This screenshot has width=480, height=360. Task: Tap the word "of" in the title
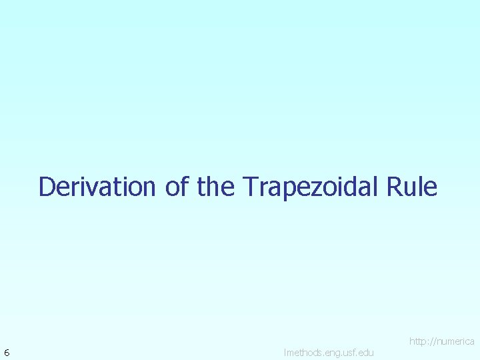click(x=177, y=187)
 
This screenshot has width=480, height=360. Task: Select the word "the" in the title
click(x=216, y=187)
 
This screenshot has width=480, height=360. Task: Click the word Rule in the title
click(x=411, y=187)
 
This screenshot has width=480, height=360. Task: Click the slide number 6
click(x=7, y=352)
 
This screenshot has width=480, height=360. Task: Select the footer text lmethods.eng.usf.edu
click(x=329, y=352)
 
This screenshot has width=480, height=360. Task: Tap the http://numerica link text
click(x=441, y=341)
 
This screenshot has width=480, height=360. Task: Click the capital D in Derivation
click(x=47, y=187)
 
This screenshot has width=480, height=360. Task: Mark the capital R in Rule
click(x=392, y=187)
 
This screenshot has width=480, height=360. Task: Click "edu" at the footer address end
click(x=365, y=352)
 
